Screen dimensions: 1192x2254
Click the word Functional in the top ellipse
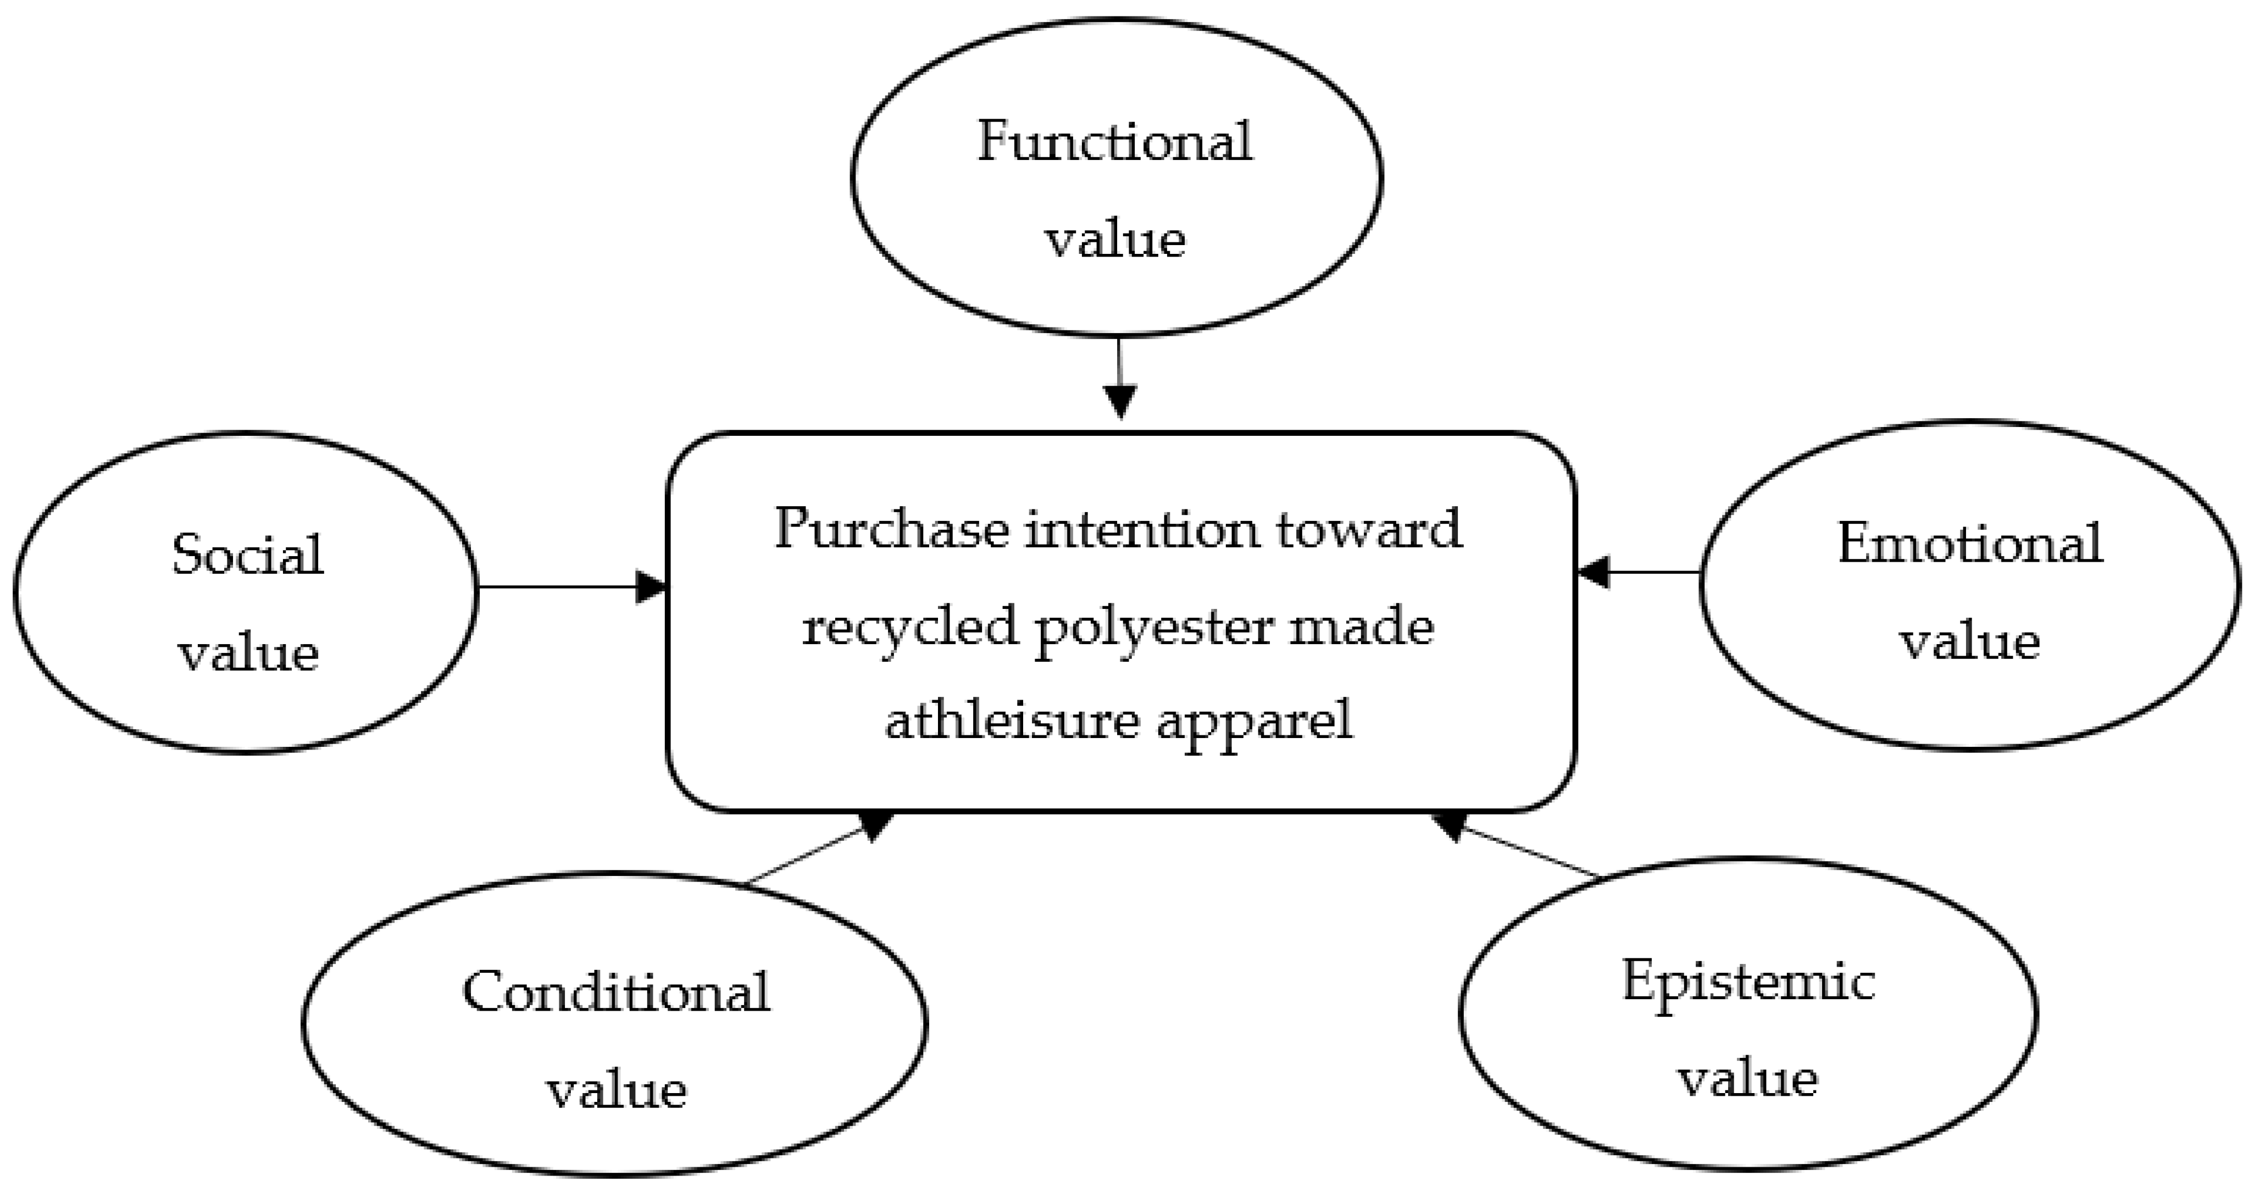point(1115,142)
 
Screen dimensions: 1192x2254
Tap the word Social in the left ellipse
point(248,555)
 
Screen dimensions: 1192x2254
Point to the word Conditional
point(616,993)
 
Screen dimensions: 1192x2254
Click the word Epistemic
point(1748,981)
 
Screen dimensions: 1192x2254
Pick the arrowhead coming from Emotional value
point(1592,573)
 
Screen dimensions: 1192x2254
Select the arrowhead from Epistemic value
point(1448,825)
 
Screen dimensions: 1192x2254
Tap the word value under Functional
point(1115,239)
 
